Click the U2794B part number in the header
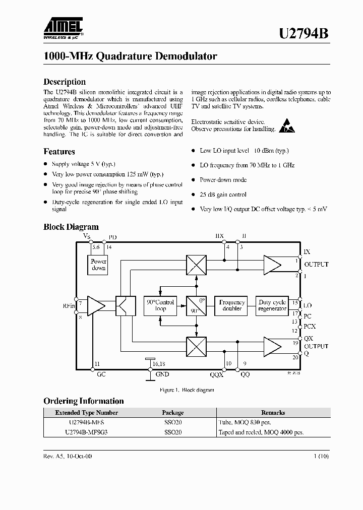pyautogui.click(x=304, y=34)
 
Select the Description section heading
pyautogui.click(x=65, y=82)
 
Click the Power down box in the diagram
pyautogui.click(x=99, y=265)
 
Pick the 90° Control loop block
pyautogui.click(x=160, y=305)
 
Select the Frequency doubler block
pyautogui.click(x=232, y=305)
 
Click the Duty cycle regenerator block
pyautogui.click(x=272, y=305)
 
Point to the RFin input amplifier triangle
pyautogui.click(x=96, y=306)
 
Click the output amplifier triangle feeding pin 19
pyautogui.click(x=272, y=347)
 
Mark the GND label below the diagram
pyautogui.click(x=162, y=374)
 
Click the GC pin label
pyautogui.click(x=101, y=374)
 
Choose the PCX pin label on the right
pyautogui.click(x=310, y=326)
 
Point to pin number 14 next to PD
pyautogui.click(x=108, y=247)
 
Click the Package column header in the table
pyautogui.click(x=172, y=412)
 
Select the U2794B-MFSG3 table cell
pyautogui.click(x=86, y=432)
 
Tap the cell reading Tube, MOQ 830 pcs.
pyautogui.click(x=249, y=422)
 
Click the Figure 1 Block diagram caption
pyautogui.click(x=187, y=390)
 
